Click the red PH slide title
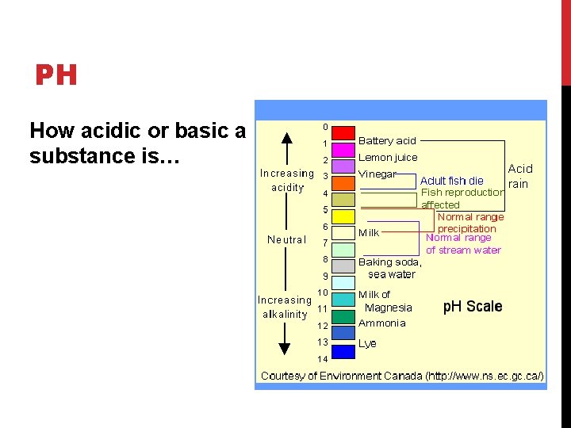pos(56,76)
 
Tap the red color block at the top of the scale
pos(343,132)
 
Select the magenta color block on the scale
pos(343,150)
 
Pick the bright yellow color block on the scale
pos(343,216)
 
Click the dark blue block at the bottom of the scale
pos(343,351)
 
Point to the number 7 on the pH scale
pos(324,243)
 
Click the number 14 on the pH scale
pos(323,359)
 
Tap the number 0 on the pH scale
pos(325,128)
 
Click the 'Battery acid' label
pos(387,141)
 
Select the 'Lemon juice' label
pos(388,158)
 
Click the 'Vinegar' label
pos(377,174)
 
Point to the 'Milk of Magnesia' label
pos(387,301)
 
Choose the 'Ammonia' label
pos(381,323)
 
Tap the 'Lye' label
pos(367,344)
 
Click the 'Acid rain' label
pos(519,176)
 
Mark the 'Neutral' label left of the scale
pos(287,239)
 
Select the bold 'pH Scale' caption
pos(472,307)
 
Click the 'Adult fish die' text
pos(451,181)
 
